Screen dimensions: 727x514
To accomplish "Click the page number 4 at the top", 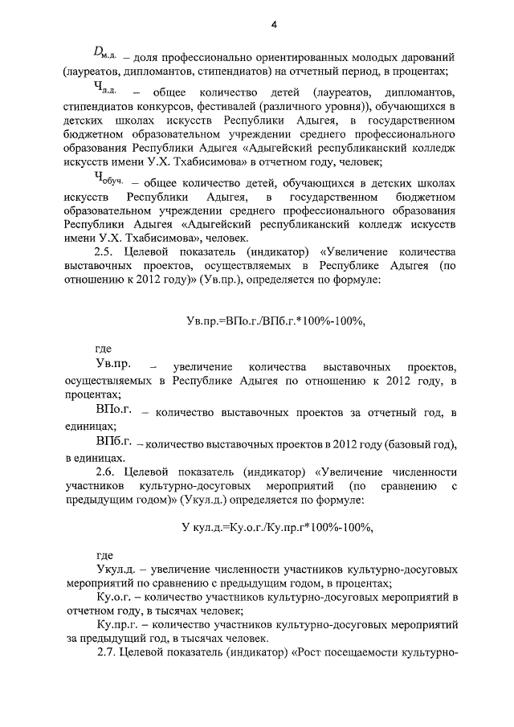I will (x=273, y=26).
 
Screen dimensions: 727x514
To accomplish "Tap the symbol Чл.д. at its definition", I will (x=105, y=89).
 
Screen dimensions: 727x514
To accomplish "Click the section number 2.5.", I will (x=106, y=249).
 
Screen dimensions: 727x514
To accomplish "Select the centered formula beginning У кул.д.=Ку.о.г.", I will (x=277, y=528).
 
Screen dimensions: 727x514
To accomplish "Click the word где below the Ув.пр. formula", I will (x=104, y=349).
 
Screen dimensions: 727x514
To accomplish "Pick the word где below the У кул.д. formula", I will (x=104, y=556).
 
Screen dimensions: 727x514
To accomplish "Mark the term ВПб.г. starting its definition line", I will (x=112, y=443).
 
